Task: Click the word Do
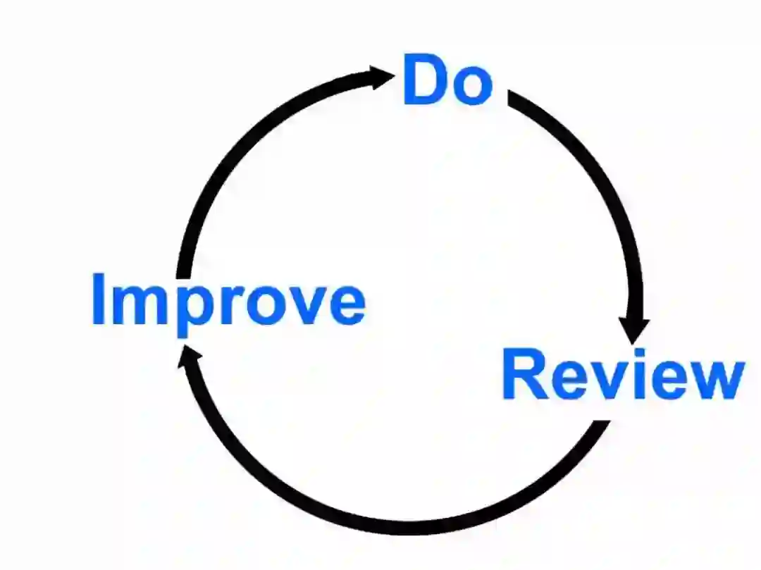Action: click(447, 80)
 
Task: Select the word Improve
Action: click(228, 301)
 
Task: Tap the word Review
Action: click(622, 375)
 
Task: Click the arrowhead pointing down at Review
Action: click(634, 328)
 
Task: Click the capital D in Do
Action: click(423, 80)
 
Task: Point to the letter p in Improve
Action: click(189, 310)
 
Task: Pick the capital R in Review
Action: click(524, 375)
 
